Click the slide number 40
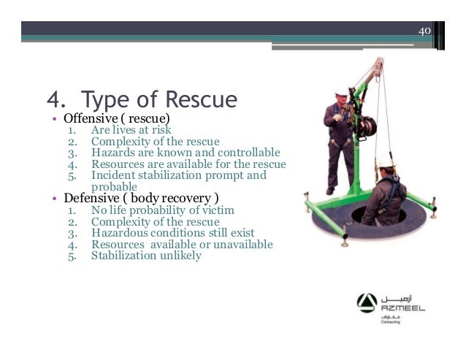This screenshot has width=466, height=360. tap(424, 31)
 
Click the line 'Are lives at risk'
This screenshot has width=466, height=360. tap(131, 130)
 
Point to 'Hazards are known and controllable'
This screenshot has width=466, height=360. tap(186, 153)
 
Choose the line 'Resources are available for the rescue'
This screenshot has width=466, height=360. tap(188, 164)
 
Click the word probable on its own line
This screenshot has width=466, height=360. tap(115, 186)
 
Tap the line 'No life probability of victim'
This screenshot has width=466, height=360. tap(162, 210)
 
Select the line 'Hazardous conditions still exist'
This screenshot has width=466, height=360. tap(171, 233)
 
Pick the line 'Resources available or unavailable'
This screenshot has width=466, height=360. tap(182, 245)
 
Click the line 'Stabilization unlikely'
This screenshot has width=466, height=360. tap(146, 256)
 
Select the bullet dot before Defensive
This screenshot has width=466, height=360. tap(54, 199)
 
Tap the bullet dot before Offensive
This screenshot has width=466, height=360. tap(54, 118)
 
